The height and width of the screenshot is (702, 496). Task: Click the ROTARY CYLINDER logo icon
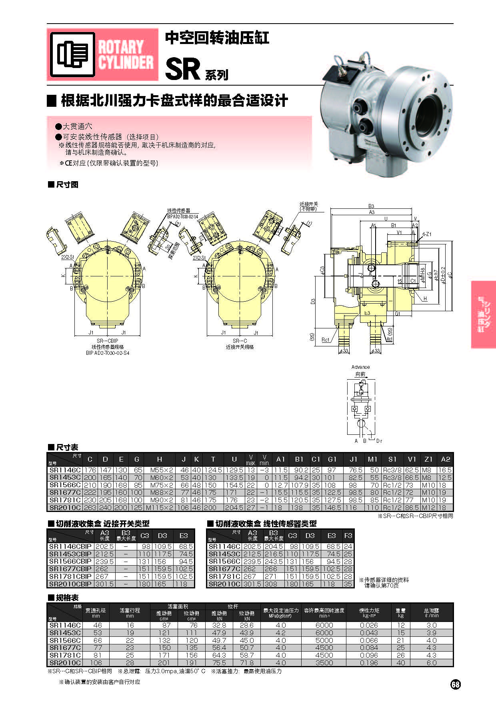[72, 54]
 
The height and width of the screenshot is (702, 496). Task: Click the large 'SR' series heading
[182, 69]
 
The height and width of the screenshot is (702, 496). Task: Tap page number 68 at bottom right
[456, 684]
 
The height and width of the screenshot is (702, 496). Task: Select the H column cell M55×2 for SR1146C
[159, 470]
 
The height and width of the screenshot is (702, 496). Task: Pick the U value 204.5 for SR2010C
[234, 507]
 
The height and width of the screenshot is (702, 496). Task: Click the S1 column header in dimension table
[392, 459]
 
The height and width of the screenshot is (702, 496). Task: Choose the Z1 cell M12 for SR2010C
[428, 507]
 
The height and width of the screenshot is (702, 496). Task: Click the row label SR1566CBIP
[70, 561]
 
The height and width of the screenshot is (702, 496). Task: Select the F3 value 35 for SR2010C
[348, 584]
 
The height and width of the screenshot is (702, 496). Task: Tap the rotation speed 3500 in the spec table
[324, 662]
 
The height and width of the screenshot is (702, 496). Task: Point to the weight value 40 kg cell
[400, 662]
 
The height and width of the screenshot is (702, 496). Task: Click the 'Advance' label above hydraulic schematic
[360, 367]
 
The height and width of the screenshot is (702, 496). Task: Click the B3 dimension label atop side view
[371, 206]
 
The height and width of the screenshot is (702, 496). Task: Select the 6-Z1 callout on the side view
[427, 234]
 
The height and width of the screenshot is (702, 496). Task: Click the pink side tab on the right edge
[483, 314]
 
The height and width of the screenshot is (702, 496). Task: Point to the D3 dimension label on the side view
[313, 301]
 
